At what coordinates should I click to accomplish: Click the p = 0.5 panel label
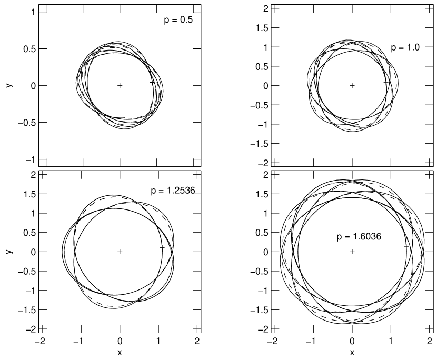178,20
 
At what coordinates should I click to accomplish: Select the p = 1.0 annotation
405,48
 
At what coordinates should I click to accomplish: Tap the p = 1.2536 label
173,191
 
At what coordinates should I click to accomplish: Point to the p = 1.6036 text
359,237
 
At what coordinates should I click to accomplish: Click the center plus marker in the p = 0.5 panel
120,86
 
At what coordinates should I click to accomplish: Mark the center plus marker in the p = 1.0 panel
352,86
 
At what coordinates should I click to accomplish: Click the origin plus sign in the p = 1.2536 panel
120,252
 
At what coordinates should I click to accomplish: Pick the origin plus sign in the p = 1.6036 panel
352,252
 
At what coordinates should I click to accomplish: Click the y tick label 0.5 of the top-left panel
29,49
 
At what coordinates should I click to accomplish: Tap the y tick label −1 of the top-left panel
31,159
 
